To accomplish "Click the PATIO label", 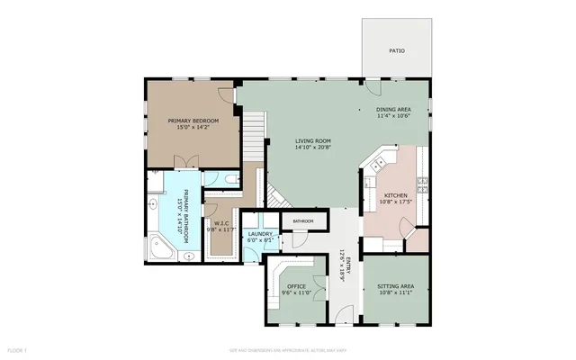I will [x=396, y=51].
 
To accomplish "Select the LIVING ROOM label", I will [x=313, y=141].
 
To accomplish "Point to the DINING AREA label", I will [x=393, y=109].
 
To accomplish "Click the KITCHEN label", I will [x=396, y=195].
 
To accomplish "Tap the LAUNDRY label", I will [x=260, y=234].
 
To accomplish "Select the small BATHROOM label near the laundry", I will [x=302, y=220].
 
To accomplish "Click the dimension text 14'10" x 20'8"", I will [x=313, y=148].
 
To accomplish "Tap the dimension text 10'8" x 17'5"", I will [x=396, y=202].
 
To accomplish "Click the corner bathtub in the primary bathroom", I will [x=163, y=247].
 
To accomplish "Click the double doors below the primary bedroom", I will [x=187, y=160].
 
